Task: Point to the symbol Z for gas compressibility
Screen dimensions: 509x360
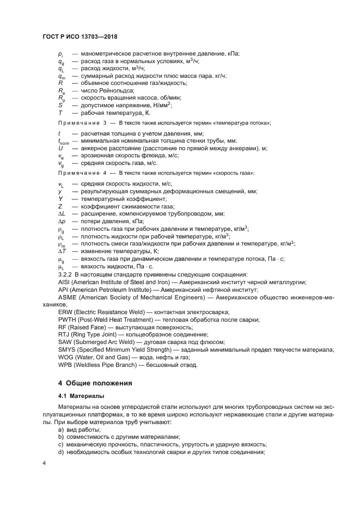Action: (x=60, y=206)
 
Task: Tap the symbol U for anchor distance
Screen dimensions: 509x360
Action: (x=60, y=148)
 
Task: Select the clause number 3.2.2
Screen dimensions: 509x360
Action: (x=66, y=274)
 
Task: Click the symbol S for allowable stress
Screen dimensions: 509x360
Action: (x=60, y=105)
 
